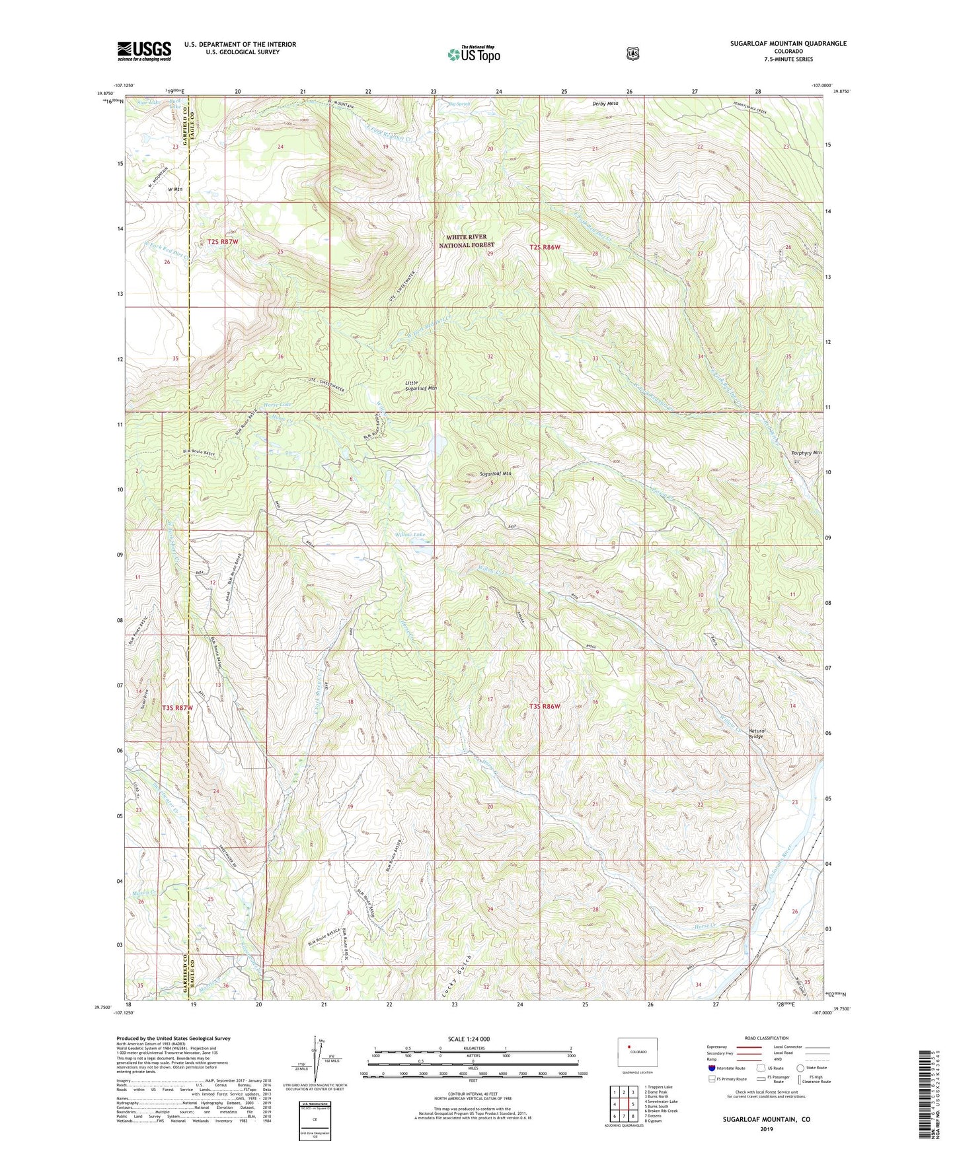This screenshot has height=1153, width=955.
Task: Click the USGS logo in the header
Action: [x=144, y=51]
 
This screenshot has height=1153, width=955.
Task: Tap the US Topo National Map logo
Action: [x=473, y=53]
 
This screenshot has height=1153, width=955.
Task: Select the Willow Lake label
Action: [x=410, y=534]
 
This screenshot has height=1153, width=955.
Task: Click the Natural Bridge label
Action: [x=756, y=733]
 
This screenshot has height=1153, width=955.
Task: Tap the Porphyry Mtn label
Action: [x=806, y=453]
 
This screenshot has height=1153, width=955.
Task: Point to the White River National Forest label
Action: [x=467, y=240]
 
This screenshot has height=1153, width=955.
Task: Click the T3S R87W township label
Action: [x=178, y=707]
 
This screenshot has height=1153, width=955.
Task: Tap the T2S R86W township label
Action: [x=545, y=247]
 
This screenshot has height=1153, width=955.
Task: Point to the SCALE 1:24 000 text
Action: [x=469, y=1039]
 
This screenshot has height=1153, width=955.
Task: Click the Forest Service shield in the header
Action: [x=633, y=53]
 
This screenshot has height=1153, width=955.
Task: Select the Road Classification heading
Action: [x=766, y=1038]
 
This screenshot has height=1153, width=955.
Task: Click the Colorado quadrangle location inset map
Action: [x=637, y=1053]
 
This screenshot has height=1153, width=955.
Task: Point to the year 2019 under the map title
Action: [x=766, y=1129]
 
